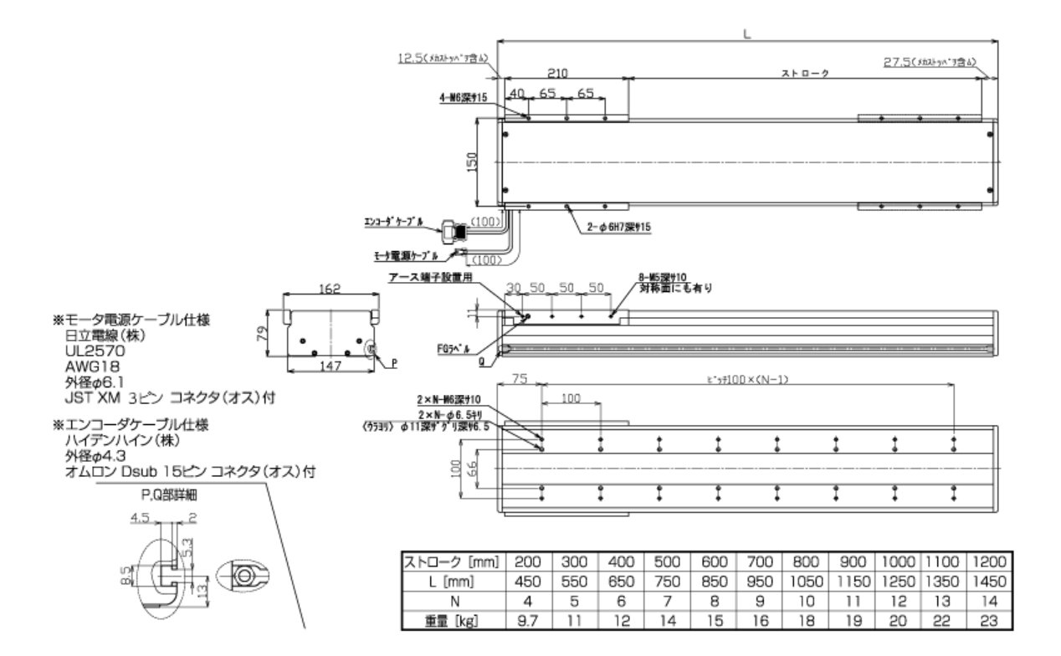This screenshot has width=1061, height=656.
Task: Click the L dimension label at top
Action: coord(746,34)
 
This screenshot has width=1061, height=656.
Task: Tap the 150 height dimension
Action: coord(472,162)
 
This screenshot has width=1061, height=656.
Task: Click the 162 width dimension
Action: coord(331,288)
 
